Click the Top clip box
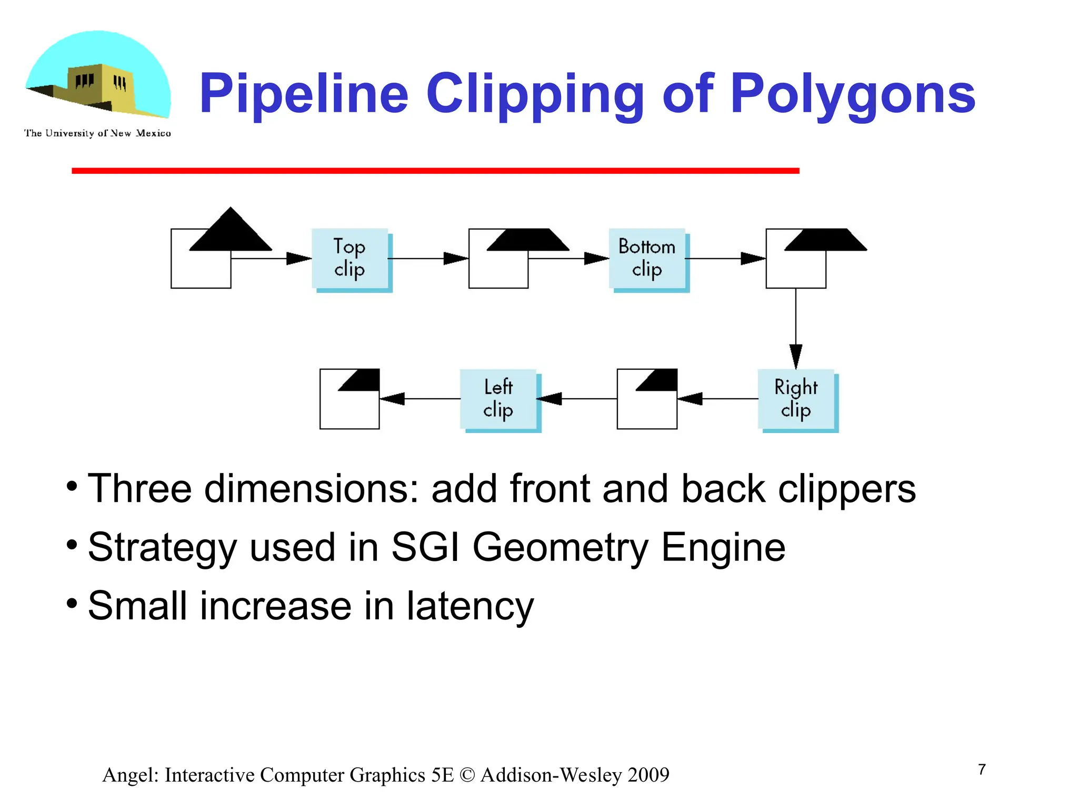pyautogui.click(x=350, y=259)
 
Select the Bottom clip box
pyautogui.click(x=647, y=259)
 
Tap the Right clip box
pyautogui.click(x=796, y=399)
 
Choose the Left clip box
pyautogui.click(x=498, y=399)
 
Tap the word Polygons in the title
pyautogui.click(x=853, y=95)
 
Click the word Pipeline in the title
pyautogui.click(x=304, y=95)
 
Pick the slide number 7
pyautogui.click(x=982, y=769)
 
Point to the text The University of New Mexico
pyautogui.click(x=97, y=133)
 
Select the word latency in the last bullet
pyautogui.click(x=470, y=606)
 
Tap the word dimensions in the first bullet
pyautogui.click(x=311, y=489)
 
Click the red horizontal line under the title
pyautogui.click(x=435, y=171)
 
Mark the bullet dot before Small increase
pyautogui.click(x=72, y=602)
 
